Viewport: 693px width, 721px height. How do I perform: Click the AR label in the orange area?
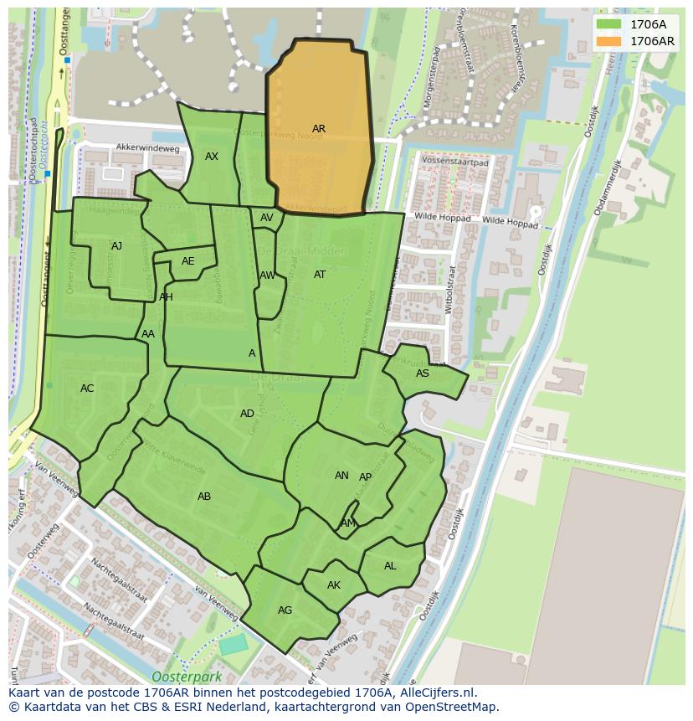(319, 129)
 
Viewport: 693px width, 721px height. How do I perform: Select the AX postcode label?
(212, 157)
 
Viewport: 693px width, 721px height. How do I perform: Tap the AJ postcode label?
(116, 246)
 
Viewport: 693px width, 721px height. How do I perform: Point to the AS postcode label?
(423, 373)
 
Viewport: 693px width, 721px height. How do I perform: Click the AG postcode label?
(285, 610)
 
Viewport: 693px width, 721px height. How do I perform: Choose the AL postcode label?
(390, 566)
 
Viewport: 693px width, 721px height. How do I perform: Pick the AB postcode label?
(204, 497)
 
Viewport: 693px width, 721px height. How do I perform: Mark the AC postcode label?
(87, 389)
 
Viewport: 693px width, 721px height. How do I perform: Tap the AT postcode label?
(320, 275)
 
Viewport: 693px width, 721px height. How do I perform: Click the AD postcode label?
(247, 414)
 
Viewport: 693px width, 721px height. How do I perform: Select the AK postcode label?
(334, 585)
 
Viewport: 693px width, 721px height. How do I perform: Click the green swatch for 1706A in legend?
(609, 24)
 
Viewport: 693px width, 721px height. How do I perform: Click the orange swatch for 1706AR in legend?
(609, 41)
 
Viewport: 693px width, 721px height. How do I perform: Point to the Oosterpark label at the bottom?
(182, 676)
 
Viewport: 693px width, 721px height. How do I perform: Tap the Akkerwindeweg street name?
(148, 148)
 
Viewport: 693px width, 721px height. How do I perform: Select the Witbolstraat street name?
(449, 290)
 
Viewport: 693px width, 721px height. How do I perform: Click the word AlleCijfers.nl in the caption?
(436, 693)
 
